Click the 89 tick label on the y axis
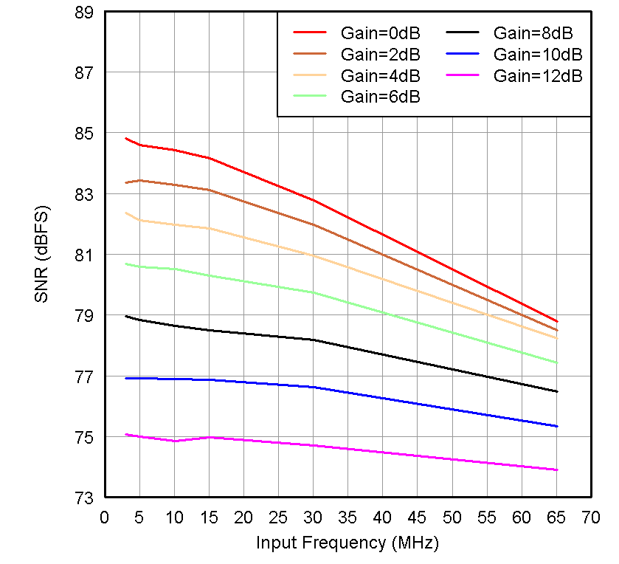point(86,13)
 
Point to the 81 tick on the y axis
point(86,255)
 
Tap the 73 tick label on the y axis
point(86,498)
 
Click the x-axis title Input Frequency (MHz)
point(347,543)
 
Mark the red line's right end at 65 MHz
point(556,321)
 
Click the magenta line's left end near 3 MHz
point(125,434)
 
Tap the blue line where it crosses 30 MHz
point(313,387)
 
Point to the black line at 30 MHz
point(313,340)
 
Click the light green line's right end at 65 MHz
point(556,362)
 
